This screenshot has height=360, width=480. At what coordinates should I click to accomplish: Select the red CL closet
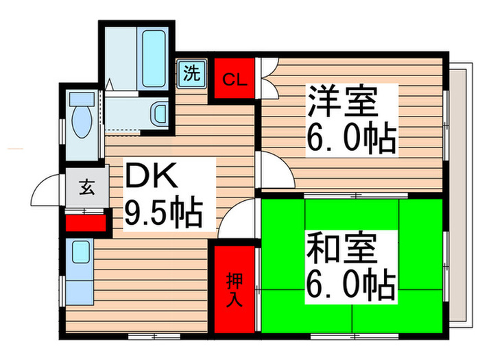234,80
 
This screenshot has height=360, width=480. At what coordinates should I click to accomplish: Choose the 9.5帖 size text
163,213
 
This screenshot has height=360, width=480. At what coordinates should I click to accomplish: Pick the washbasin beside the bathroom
158,112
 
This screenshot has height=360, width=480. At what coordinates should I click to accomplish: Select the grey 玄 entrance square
88,186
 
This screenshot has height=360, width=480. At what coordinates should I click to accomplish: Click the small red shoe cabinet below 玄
86,223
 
